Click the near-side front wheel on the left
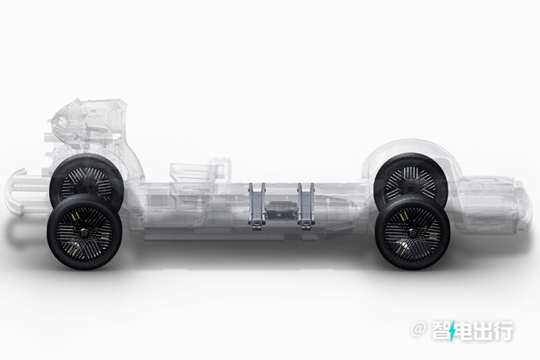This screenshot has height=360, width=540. [85, 233]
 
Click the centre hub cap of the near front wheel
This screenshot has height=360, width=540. [85, 234]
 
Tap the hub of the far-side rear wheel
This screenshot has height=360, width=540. [411, 188]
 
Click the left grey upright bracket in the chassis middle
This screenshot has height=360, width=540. [257, 206]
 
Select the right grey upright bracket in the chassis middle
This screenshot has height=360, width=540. [307, 206]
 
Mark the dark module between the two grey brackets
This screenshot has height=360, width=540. [281, 210]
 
